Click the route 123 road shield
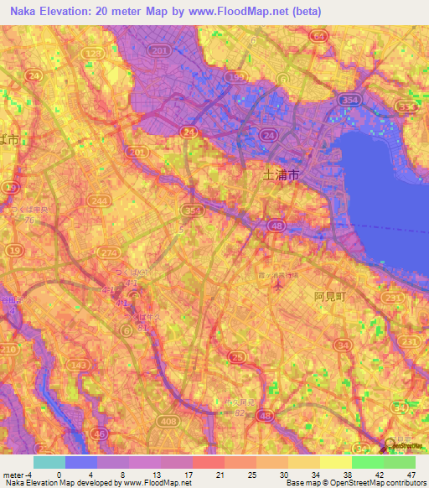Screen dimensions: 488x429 94,53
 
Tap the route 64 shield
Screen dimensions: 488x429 318,36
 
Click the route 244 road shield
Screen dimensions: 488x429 101,201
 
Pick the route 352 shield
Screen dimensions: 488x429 192,210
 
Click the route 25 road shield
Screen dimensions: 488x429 238,358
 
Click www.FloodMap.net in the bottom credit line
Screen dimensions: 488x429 156,483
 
